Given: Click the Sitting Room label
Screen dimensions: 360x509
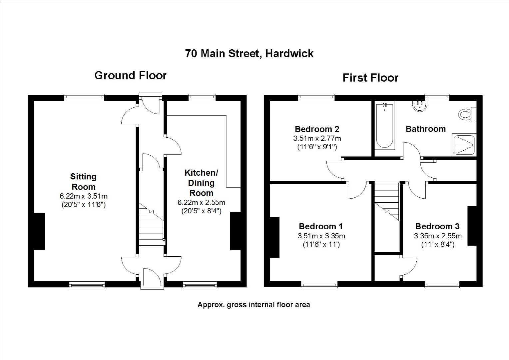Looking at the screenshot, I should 83,182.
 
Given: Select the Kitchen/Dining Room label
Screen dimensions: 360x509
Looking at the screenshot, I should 201,183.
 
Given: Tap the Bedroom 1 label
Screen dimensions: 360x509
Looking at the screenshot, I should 320,226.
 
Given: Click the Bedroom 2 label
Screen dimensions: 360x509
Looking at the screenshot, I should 317,129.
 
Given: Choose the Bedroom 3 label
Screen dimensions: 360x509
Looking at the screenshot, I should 437,226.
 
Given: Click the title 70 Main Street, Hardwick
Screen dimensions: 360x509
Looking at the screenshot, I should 249,54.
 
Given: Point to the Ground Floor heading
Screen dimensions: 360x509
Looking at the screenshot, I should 130,75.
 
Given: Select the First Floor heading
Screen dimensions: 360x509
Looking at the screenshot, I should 370,78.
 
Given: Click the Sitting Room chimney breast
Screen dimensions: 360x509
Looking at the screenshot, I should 39,231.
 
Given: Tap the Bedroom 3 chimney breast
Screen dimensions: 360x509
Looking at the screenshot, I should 472,226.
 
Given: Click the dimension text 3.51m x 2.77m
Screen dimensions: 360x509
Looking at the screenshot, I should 317,138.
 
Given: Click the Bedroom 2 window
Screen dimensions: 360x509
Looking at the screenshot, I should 316,97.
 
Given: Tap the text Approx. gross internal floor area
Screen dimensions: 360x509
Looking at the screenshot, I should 254,305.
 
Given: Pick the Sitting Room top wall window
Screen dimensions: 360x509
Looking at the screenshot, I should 84,97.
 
